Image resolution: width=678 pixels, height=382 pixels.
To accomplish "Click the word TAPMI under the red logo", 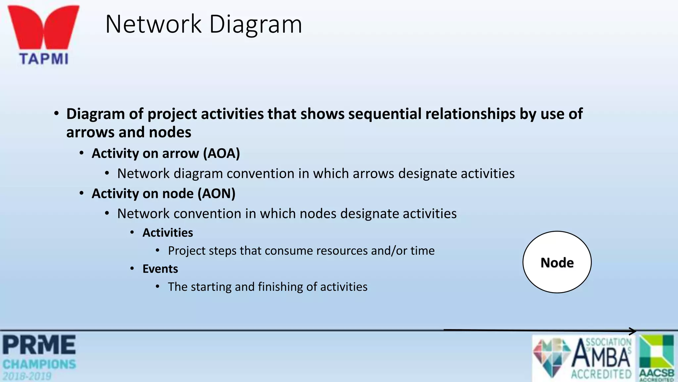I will tap(44, 59).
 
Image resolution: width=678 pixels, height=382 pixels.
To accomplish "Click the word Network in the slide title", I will tap(153, 24).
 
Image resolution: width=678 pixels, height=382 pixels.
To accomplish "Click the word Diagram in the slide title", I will tap(256, 25).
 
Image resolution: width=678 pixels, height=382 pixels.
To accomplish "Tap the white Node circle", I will tap(557, 262).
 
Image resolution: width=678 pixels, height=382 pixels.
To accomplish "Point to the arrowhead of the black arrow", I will tap(633, 331).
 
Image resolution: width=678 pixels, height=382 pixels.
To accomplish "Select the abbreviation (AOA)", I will tap(221, 154).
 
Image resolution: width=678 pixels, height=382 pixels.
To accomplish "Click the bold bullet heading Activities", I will tap(168, 233).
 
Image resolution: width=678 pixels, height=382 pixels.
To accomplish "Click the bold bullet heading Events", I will tap(160, 269).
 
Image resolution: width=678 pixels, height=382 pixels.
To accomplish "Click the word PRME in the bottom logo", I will tap(39, 345).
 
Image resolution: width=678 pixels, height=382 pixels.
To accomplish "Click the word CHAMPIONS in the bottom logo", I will tap(39, 364).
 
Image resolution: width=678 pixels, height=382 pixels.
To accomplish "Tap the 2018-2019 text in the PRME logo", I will tap(27, 376).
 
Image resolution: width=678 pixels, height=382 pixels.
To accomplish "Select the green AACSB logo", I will tap(656, 357).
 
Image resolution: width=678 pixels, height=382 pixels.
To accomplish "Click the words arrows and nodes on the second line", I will tap(128, 132).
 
